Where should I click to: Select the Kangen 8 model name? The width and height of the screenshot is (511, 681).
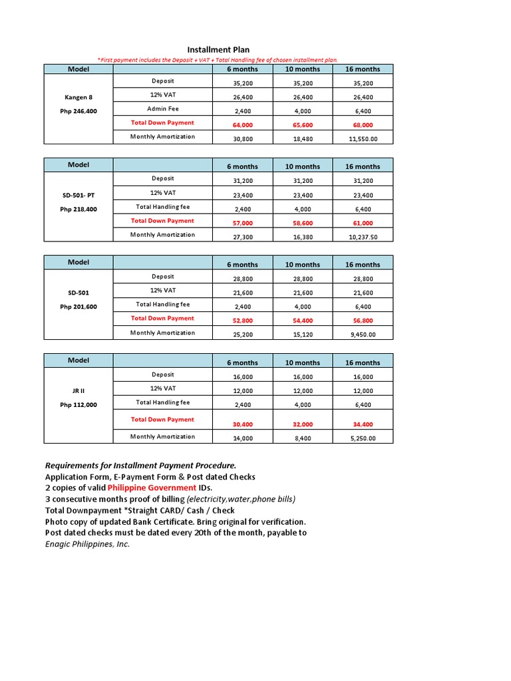(79, 97)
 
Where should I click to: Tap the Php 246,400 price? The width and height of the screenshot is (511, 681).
(79, 111)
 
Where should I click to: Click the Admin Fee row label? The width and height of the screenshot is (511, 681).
(163, 108)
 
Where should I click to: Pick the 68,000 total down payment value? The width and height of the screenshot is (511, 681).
(363, 125)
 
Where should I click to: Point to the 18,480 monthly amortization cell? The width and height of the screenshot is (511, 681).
(302, 139)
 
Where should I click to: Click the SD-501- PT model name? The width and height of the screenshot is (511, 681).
(79, 195)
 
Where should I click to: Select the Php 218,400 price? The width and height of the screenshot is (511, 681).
(79, 209)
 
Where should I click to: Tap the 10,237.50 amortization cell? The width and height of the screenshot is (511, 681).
(363, 237)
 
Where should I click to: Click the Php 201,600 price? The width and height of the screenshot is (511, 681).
(79, 307)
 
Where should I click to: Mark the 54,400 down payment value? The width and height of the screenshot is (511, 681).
(302, 321)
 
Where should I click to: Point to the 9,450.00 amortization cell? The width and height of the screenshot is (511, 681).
(363, 335)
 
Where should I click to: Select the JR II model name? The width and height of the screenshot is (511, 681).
(79, 391)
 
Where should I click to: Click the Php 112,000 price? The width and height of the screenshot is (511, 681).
(79, 405)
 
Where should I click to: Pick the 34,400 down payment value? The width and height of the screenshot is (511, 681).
(363, 424)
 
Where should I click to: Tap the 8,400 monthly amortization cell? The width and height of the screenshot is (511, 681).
(302, 439)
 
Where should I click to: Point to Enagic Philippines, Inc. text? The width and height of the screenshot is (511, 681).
(87, 544)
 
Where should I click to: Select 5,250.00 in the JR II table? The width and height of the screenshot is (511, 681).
(363, 439)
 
